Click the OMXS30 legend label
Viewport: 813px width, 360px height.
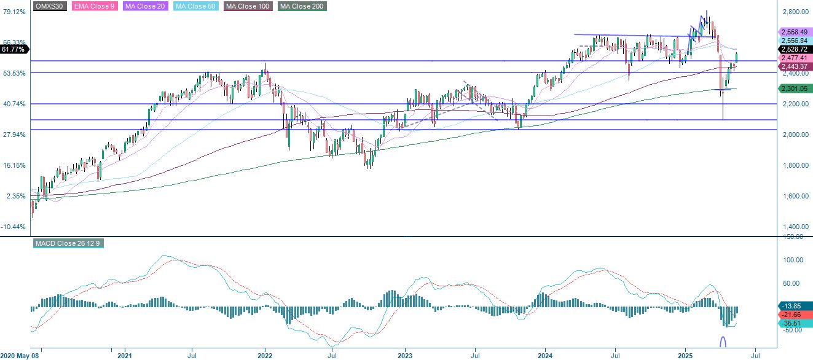tap(50, 6)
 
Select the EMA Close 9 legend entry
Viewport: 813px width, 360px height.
tap(95, 6)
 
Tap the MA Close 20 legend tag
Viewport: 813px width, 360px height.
tap(146, 6)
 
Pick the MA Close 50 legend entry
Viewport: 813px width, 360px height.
tap(196, 6)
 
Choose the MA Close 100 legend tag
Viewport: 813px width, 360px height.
tap(248, 6)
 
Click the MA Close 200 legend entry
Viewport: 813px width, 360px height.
tap(302, 6)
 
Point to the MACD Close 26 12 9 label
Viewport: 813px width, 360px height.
tap(68, 243)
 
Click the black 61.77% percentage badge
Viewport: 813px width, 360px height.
tap(14, 49)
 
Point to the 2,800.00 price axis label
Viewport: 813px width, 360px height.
tap(795, 12)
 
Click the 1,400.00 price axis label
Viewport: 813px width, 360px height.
tap(795, 227)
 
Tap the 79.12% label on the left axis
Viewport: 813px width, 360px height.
tap(15, 12)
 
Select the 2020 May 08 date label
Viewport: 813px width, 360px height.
tap(19, 356)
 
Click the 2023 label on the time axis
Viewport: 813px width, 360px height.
tap(405, 356)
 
